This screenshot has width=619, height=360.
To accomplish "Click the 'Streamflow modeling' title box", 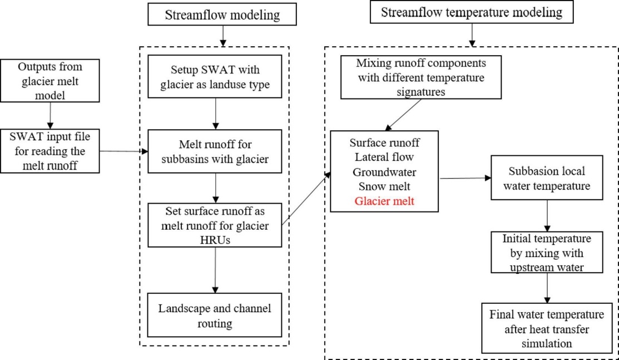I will [x=222, y=15].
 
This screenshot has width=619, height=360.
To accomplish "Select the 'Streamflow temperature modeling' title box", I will [x=472, y=12].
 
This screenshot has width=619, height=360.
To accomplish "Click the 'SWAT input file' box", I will [x=50, y=150].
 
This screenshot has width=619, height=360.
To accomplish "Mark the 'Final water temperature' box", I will [x=547, y=328].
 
